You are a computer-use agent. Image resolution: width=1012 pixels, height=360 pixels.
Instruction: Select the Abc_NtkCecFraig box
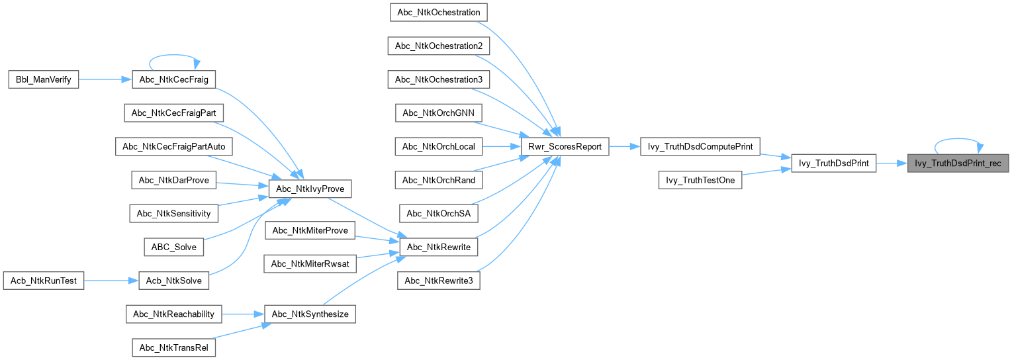coord(174,79)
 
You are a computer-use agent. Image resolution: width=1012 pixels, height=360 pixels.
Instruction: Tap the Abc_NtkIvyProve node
coord(310,189)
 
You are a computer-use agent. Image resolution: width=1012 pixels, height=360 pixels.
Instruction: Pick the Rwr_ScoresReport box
coord(565,147)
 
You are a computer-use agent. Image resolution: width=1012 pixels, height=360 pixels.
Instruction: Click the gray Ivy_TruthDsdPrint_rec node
coord(958,163)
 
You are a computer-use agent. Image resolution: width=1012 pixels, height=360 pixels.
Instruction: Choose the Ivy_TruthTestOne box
coord(700,180)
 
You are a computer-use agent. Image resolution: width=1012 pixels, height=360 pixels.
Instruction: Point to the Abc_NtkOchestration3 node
coord(438,79)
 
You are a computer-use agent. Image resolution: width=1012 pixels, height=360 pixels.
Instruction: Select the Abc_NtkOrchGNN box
coord(438,112)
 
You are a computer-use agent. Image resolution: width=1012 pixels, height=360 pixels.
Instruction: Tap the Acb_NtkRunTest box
coord(44,281)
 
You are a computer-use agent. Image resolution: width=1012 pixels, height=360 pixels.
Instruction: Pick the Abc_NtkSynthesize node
coord(310,314)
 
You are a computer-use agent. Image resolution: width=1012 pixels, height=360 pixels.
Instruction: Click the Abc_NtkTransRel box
coord(174,347)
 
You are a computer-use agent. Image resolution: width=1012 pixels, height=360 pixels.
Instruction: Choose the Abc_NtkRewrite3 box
coord(437,281)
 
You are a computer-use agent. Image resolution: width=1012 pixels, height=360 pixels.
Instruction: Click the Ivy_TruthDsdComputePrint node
coord(700,147)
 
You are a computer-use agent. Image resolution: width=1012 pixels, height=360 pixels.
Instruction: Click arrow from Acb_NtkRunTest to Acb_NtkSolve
coord(111,281)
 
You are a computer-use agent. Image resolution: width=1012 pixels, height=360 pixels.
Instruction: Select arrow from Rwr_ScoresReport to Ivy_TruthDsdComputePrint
coord(624,147)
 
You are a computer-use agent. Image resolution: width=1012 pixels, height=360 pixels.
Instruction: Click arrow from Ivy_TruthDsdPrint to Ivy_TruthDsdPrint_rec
coord(892,163)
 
